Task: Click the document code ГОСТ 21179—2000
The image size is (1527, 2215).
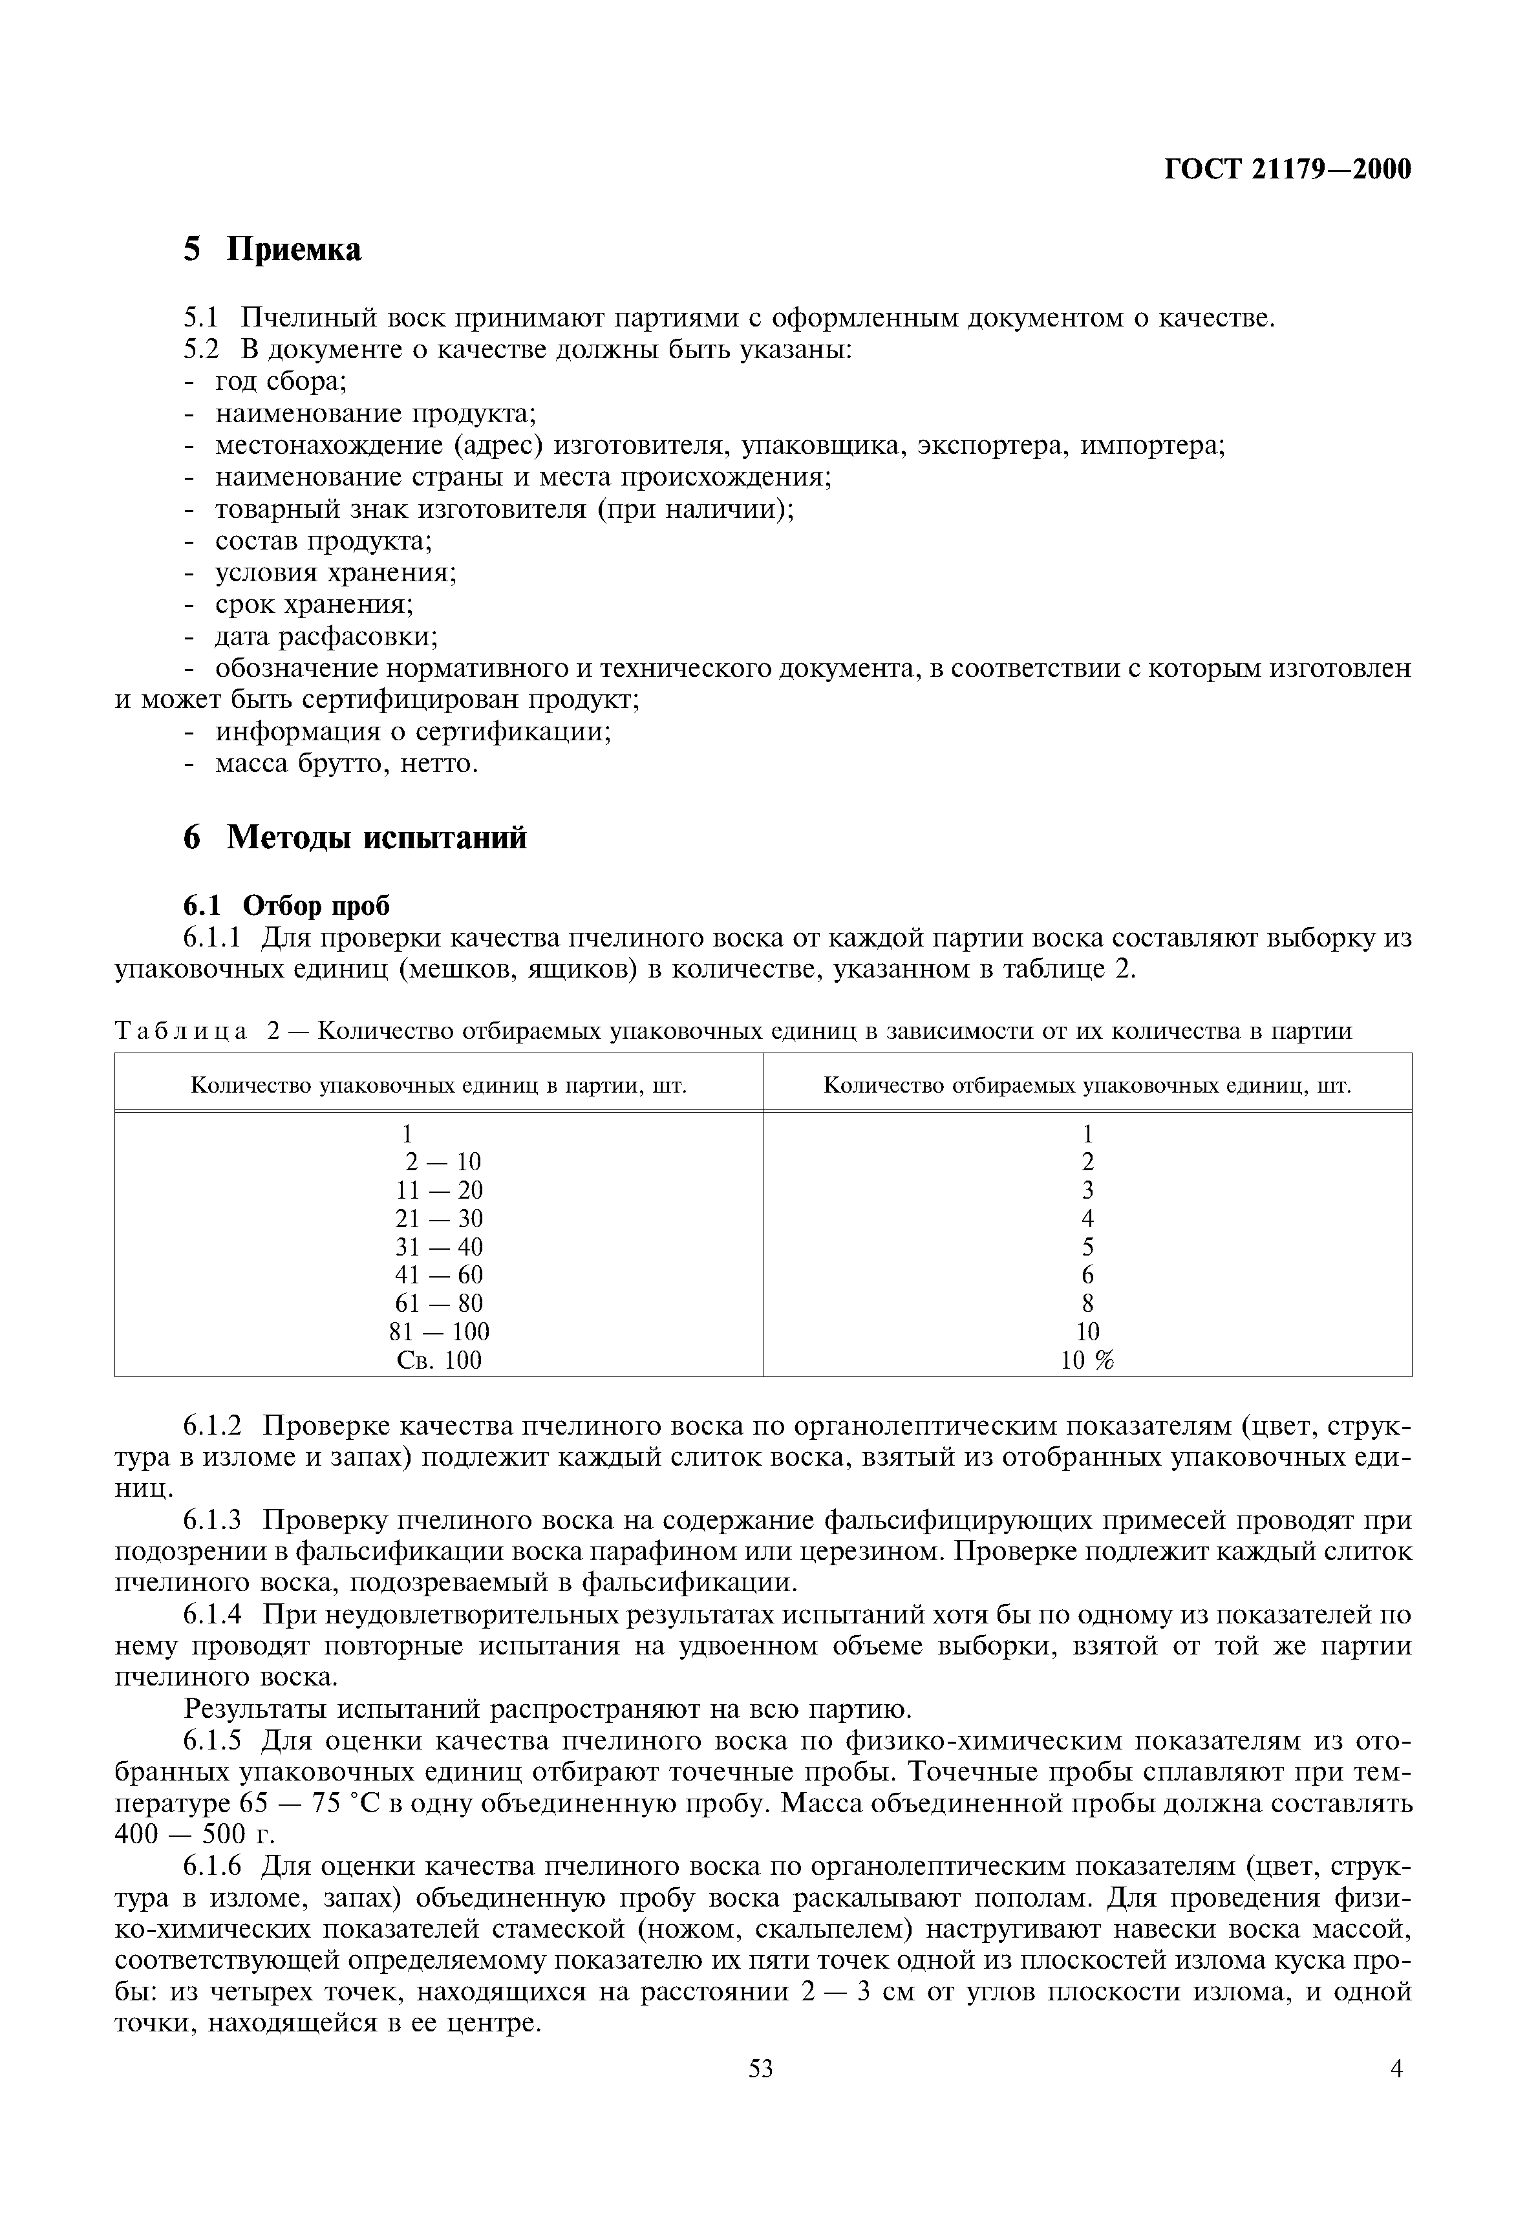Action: [x=1287, y=169]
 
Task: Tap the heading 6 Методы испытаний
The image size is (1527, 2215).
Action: [x=354, y=838]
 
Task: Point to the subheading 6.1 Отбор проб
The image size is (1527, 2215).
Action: [x=287, y=904]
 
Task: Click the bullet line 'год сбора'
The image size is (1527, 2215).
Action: [x=279, y=381]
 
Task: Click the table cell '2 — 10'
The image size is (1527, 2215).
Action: [x=442, y=1162]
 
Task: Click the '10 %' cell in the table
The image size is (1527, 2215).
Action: [x=1087, y=1360]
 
